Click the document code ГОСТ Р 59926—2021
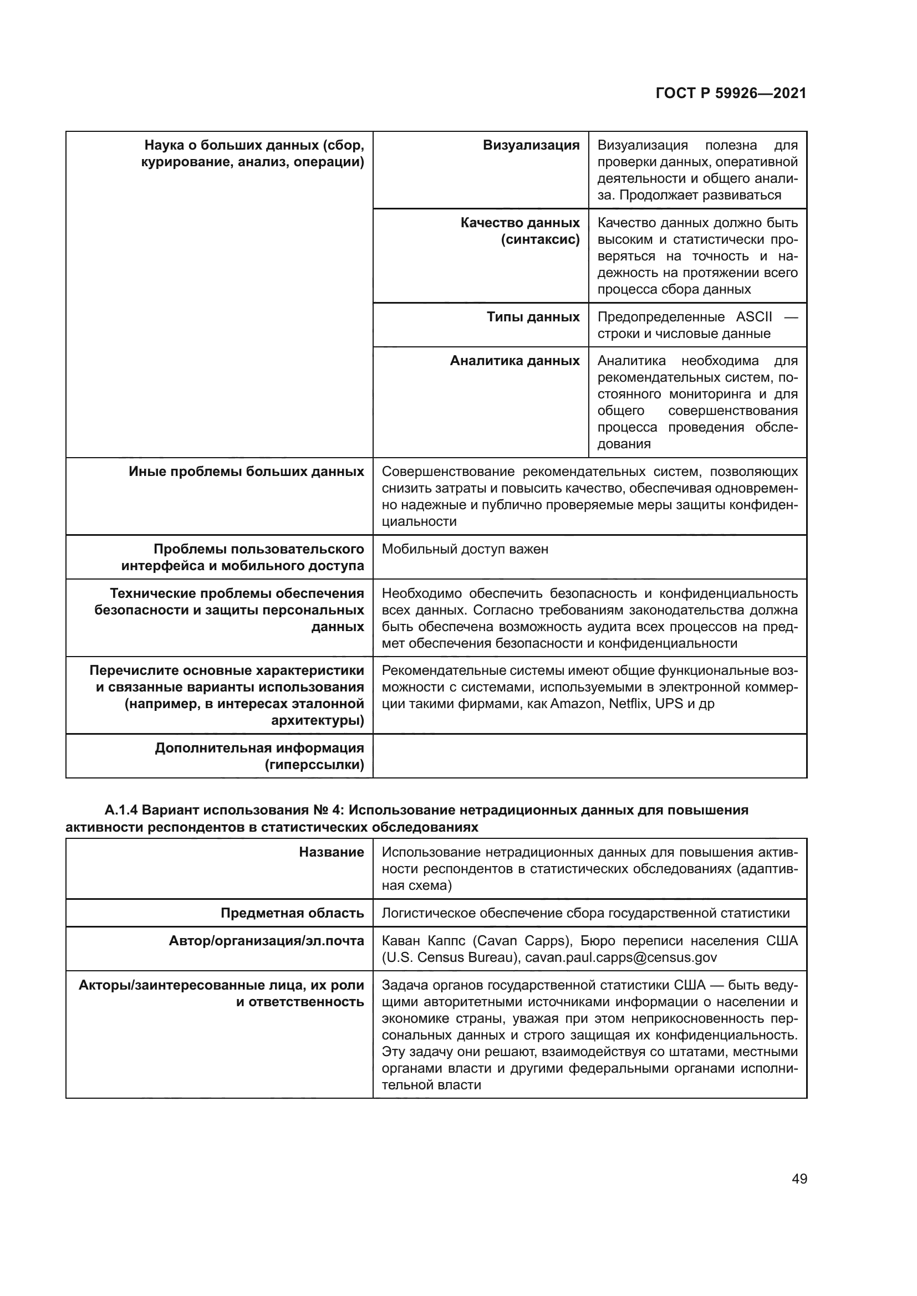(x=731, y=94)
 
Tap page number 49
(x=799, y=1179)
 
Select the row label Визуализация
(x=531, y=146)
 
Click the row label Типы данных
(x=533, y=317)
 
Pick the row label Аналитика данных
(x=514, y=361)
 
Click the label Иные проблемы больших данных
(x=246, y=472)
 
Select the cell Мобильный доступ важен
(x=465, y=549)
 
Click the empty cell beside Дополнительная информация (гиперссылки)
(x=589, y=756)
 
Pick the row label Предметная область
(x=292, y=913)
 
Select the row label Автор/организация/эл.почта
(x=266, y=941)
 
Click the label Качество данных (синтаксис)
(x=519, y=232)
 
